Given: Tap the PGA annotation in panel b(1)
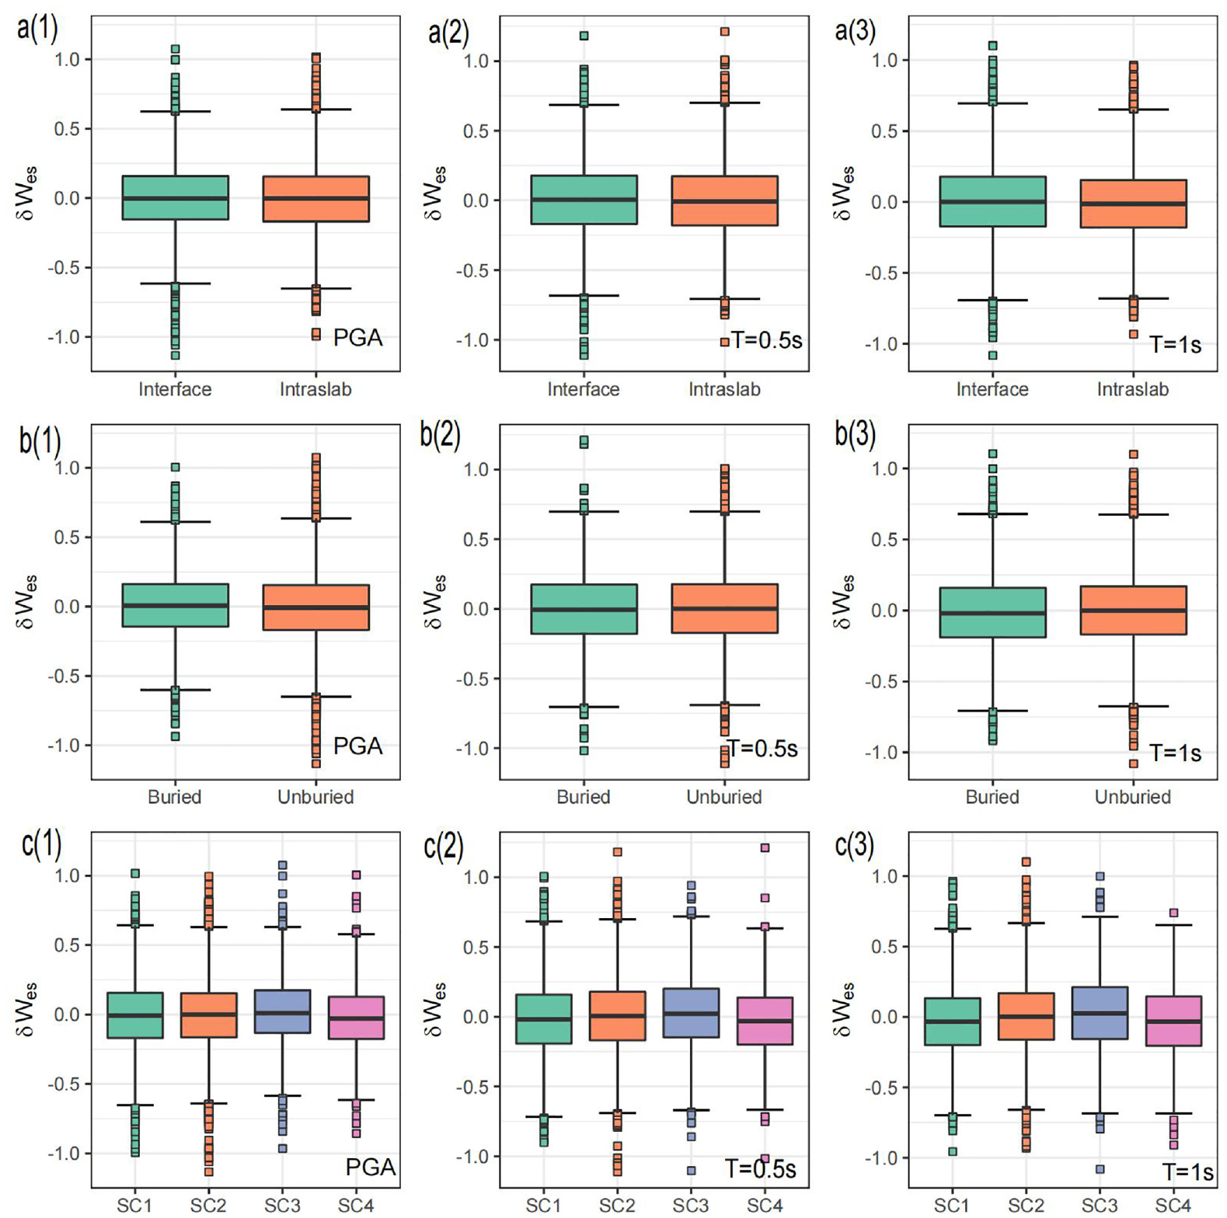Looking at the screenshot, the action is (x=357, y=746).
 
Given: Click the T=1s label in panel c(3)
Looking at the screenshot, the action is (x=1187, y=1171).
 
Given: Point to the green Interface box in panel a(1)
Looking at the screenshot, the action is (x=176, y=197).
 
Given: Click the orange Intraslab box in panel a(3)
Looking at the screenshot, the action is (x=1133, y=204).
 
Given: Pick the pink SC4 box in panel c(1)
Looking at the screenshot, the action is (x=356, y=1018).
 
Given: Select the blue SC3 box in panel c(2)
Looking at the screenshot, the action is (x=691, y=1013).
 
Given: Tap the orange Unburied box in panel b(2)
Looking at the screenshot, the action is (x=724, y=608).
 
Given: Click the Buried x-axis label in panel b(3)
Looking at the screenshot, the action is (x=992, y=797).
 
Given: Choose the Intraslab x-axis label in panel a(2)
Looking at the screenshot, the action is (x=724, y=389).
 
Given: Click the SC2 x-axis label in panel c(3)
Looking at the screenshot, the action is (x=1026, y=1205).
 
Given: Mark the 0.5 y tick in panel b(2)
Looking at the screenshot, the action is (x=476, y=539).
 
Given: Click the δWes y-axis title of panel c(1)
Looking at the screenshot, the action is (x=26, y=1011).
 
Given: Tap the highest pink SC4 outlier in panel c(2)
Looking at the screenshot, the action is (x=765, y=848).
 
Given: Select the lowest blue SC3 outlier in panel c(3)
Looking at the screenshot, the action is (x=1100, y=1169).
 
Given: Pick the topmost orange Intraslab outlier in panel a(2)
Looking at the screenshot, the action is (x=724, y=32).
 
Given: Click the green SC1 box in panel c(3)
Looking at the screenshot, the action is (x=952, y=1021).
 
